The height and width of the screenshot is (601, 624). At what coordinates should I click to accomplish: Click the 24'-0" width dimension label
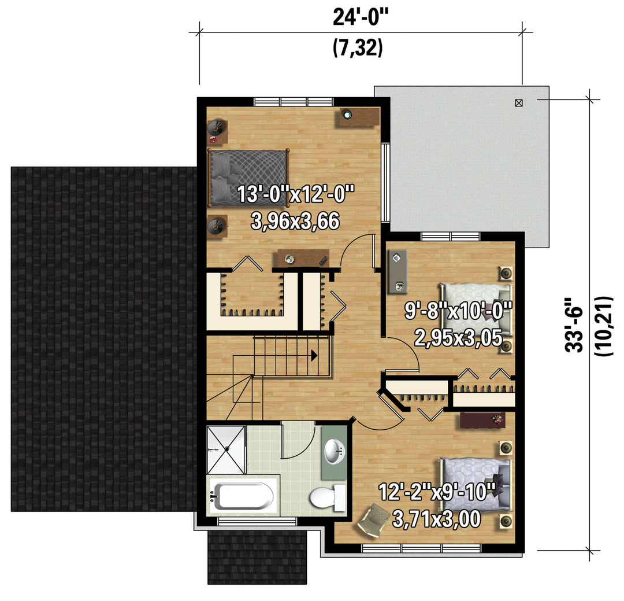360,17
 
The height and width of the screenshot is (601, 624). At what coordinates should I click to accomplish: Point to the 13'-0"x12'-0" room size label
295,194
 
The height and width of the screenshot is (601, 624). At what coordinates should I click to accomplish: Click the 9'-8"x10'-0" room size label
458,311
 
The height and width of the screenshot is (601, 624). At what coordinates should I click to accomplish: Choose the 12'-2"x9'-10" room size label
437,492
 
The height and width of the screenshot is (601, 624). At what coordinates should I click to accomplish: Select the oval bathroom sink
335,452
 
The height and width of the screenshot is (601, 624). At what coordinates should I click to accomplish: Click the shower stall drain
227,449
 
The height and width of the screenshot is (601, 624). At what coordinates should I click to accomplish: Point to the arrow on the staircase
314,355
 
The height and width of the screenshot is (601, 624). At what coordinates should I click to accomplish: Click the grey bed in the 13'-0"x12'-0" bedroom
248,178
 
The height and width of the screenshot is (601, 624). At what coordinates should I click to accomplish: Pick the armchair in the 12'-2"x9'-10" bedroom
374,518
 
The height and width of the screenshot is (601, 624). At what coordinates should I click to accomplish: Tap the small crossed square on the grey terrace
518,103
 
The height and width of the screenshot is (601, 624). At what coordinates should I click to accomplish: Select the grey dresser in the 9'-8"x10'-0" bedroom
398,272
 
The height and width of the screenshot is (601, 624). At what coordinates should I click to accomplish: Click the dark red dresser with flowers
482,421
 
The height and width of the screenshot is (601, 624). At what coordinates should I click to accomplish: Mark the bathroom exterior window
257,521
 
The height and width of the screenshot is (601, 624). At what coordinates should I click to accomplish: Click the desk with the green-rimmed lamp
359,117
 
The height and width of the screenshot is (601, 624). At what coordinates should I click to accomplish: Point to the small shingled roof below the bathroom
257,557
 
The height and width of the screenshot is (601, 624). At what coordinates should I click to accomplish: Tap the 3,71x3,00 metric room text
437,519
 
